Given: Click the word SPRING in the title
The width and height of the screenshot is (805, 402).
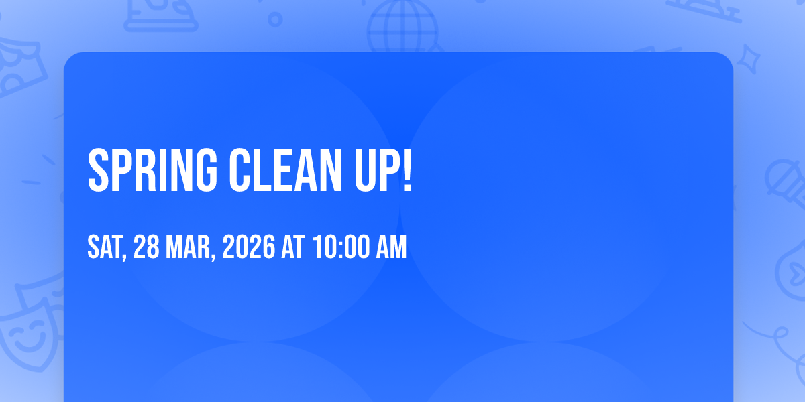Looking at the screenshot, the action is point(152,170).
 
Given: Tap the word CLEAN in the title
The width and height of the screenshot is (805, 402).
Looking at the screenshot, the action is point(286,170).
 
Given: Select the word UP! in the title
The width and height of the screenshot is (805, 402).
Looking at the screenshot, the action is point(383,170).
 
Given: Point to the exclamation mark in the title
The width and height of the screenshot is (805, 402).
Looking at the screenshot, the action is point(407,170).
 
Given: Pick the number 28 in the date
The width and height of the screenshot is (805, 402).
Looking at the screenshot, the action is point(146,247).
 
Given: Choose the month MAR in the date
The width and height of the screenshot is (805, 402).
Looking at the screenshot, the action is point(188,247).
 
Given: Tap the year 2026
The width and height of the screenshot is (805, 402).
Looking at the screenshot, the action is point(249,247).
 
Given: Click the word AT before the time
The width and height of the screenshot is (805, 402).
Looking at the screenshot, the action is point(293,247).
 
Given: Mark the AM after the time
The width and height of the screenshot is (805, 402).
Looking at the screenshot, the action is point(391,247).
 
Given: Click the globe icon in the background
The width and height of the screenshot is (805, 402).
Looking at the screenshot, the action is point(403,26).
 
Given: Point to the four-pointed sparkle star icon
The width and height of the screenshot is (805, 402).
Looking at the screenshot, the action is point(749,59).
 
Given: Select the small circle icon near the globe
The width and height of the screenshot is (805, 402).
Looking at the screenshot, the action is point(275,19).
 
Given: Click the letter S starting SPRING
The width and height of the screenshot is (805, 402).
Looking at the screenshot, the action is point(98,170).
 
